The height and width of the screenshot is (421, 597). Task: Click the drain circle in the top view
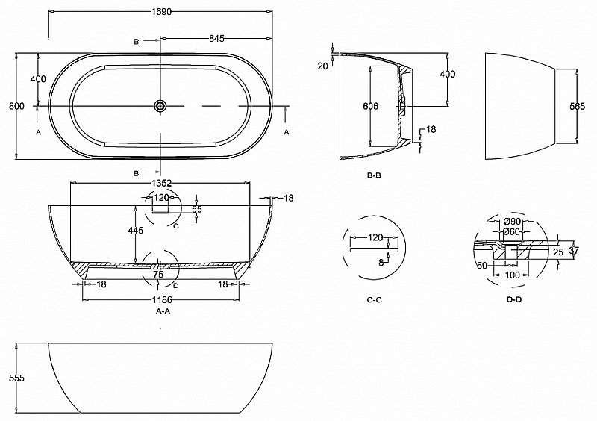click(x=160, y=106)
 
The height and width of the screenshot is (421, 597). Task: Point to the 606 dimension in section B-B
click(x=371, y=106)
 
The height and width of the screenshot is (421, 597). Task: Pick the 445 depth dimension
click(x=135, y=231)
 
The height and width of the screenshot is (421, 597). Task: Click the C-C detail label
click(x=375, y=299)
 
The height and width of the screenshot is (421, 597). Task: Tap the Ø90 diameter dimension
click(x=512, y=221)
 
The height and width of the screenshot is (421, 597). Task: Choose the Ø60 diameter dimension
click(x=512, y=231)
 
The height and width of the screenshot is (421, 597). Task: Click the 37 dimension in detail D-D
click(x=573, y=251)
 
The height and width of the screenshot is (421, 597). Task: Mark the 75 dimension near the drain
click(x=158, y=274)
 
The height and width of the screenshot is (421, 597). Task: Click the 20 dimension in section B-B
click(x=322, y=66)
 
